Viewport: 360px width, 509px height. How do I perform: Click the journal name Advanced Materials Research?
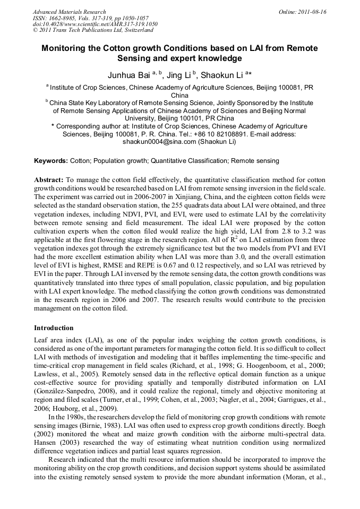pos(69,12)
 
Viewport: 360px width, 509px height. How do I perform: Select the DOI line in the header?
pos(95,24)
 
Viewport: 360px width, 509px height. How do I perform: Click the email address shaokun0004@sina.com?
pos(158,142)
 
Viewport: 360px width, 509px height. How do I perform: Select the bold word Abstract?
pos(49,180)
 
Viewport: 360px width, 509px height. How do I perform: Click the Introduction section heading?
pos(54,328)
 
